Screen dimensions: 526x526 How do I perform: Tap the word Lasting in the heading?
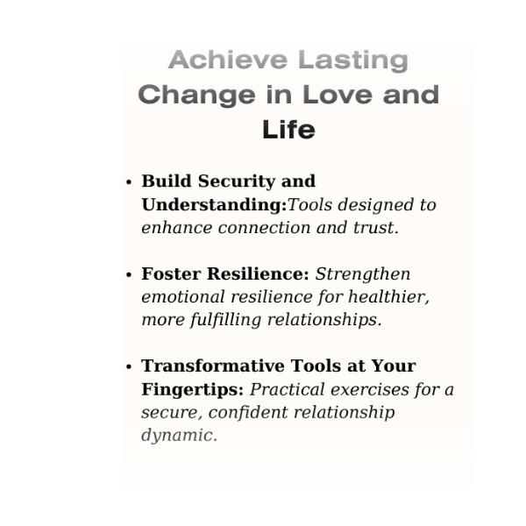[352, 60]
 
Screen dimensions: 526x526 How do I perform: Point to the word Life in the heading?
[288, 131]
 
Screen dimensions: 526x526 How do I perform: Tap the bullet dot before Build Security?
[129, 182]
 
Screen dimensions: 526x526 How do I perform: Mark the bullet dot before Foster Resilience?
[129, 274]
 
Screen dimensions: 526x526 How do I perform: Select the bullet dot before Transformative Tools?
[129, 366]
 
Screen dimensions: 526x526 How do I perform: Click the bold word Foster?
[169, 274]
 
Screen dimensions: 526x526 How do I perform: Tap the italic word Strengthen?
[363, 274]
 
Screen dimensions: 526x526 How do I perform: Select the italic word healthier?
[387, 297]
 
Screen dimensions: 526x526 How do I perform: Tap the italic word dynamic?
[178, 436]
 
